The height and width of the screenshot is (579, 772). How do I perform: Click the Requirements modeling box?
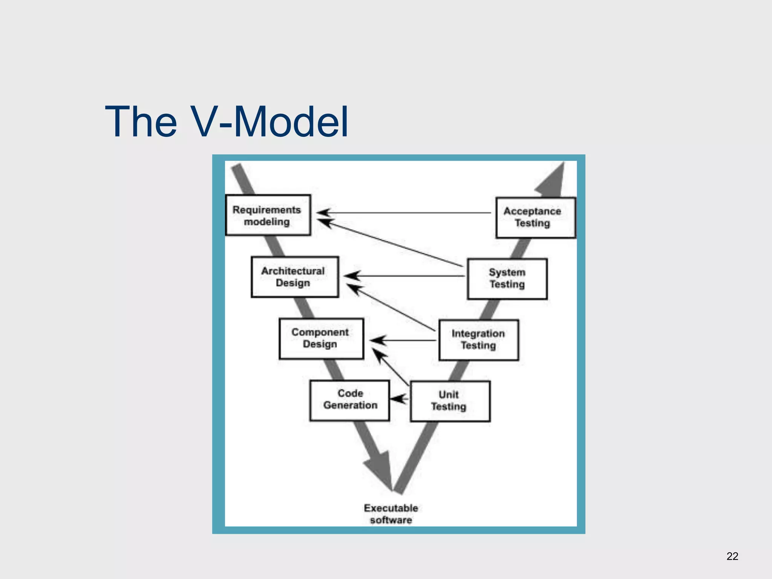coord(268,215)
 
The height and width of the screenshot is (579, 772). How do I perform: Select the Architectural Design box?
coord(295,277)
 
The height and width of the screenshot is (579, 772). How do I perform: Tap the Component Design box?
coord(321,339)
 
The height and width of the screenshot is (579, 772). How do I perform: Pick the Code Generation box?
coord(350,400)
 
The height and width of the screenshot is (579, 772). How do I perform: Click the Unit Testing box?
coord(450,401)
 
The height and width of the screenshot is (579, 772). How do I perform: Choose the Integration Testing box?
coord(479,340)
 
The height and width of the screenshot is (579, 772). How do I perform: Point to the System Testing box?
coord(507,279)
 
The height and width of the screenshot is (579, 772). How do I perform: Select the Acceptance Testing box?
coord(535,218)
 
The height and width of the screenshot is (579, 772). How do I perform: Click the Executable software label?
coord(391,514)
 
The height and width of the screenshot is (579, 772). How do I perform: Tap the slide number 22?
coord(732,556)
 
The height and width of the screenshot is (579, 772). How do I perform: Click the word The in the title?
coord(141,122)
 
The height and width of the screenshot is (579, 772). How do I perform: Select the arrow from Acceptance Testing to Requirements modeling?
coord(403,213)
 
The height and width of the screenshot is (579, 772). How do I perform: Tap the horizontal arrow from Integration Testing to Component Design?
coord(403,340)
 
